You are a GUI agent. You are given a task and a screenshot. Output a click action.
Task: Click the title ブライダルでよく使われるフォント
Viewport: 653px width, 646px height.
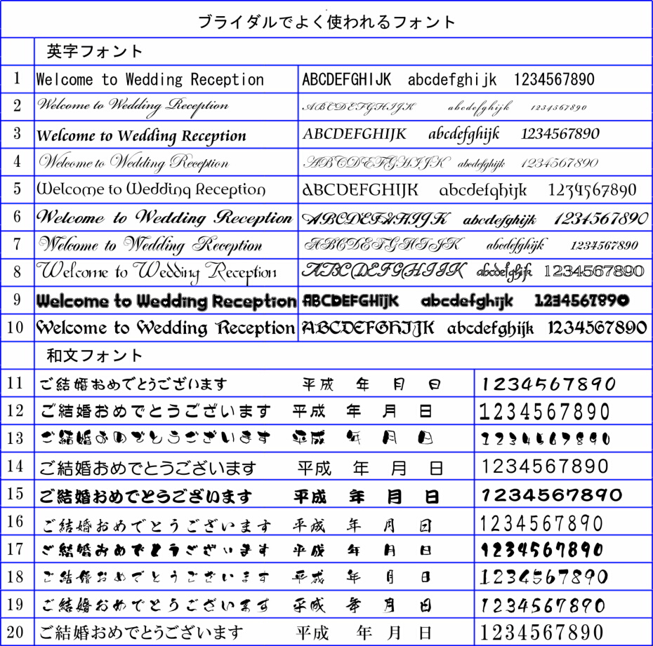tap(326, 21)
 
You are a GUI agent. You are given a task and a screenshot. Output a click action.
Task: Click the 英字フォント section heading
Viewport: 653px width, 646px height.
tap(95, 51)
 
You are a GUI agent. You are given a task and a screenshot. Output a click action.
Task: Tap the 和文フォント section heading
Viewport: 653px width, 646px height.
tap(95, 356)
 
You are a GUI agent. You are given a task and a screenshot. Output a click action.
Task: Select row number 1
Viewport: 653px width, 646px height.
tap(17, 79)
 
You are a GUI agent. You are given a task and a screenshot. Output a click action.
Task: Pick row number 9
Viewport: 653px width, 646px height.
tap(17, 300)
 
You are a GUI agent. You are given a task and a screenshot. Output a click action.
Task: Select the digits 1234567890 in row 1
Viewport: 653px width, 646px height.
tap(554, 79)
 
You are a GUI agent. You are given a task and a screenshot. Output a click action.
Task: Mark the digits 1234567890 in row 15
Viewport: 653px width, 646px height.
tap(551, 495)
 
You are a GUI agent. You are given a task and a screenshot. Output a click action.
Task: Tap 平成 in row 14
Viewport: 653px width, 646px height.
tap(315, 467)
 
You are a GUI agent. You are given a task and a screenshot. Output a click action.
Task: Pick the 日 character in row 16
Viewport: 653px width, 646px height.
tap(426, 525)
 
